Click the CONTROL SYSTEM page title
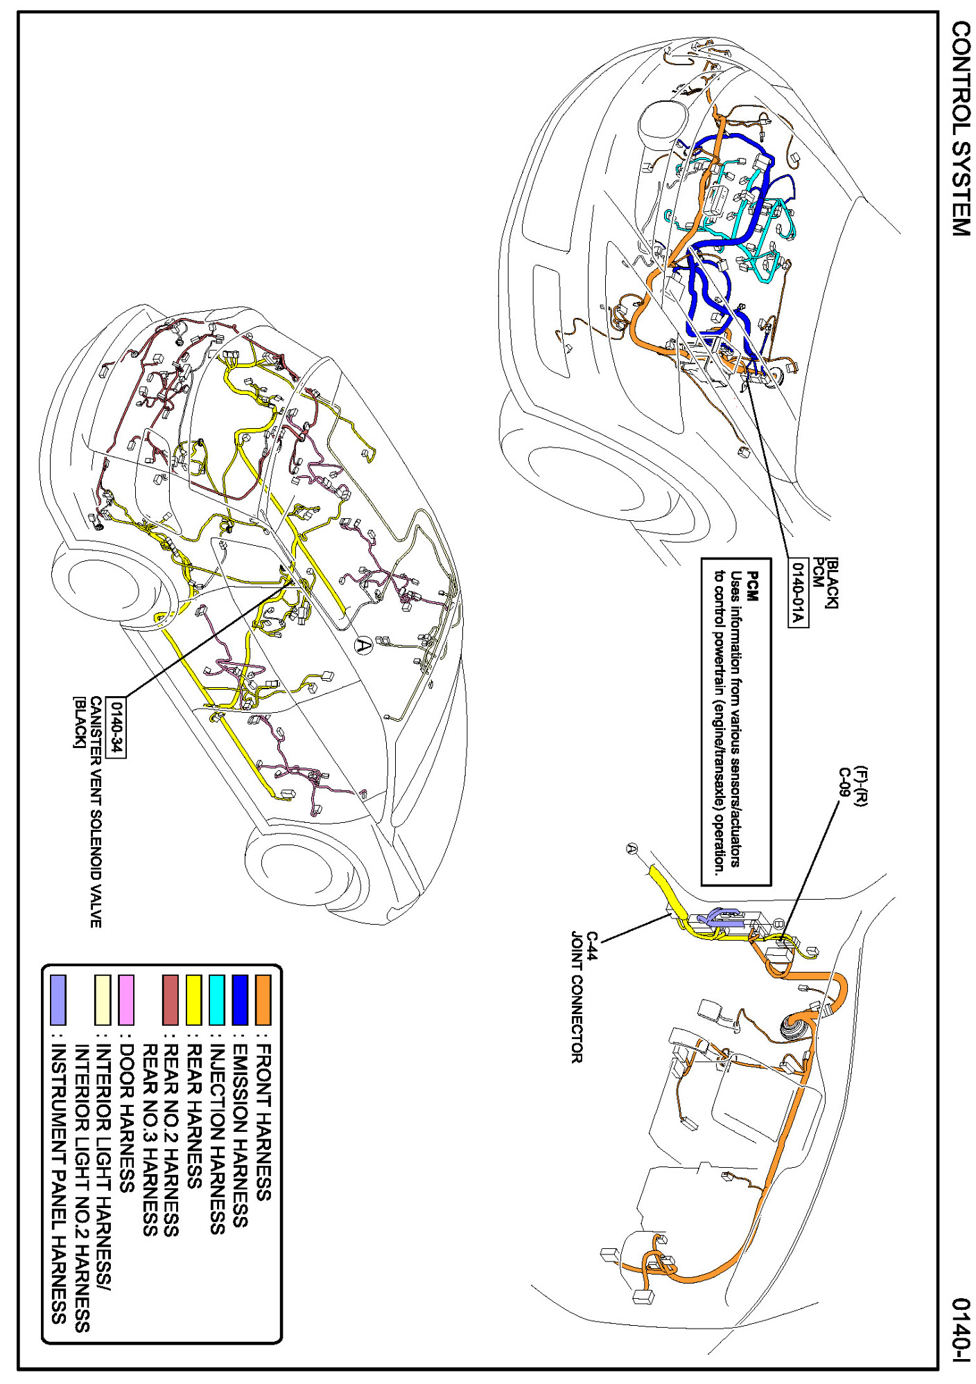[x=960, y=128]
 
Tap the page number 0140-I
[x=961, y=1331]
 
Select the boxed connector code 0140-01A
[x=798, y=592]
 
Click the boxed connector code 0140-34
[x=117, y=727]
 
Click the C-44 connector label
[x=591, y=946]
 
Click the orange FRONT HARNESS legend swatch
[x=263, y=1000]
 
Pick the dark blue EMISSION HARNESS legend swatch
[x=240, y=1000]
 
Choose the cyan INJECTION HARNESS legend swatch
[x=216, y=1000]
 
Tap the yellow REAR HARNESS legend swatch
[x=193, y=1000]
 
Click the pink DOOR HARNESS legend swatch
[x=125, y=1000]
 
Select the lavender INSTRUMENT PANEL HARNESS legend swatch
[x=58, y=1000]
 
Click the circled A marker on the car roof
[x=363, y=646]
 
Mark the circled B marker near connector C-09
[x=778, y=923]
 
